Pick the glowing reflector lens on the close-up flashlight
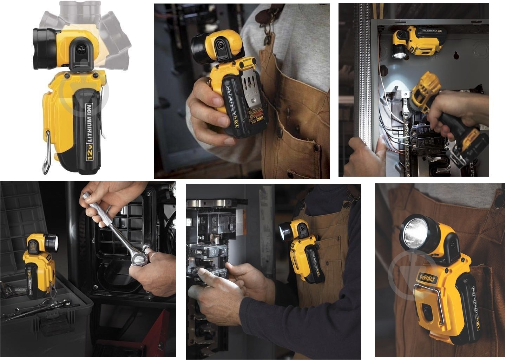[416, 234]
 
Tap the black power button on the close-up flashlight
[428, 312]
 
